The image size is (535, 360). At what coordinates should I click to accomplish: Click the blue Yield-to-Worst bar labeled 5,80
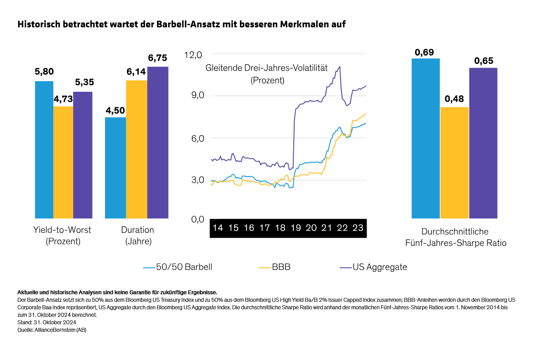click(44, 150)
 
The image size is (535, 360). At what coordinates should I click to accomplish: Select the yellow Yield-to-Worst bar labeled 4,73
click(64, 162)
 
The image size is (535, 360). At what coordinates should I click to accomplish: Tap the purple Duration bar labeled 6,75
click(158, 142)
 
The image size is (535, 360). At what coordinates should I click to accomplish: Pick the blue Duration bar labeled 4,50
click(116, 168)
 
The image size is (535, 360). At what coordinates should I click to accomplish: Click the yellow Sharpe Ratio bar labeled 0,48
click(454, 163)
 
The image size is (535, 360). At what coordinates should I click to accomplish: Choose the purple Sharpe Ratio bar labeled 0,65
click(483, 143)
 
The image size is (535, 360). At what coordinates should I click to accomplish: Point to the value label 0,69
click(424, 52)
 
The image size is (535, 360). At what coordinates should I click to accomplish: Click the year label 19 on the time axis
click(296, 228)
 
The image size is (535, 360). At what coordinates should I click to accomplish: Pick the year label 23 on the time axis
click(358, 228)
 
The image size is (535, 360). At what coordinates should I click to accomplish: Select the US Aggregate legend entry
click(373, 267)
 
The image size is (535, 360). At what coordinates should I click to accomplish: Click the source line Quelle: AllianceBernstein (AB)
click(52, 330)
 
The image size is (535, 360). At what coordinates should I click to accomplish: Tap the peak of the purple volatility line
click(340, 67)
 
